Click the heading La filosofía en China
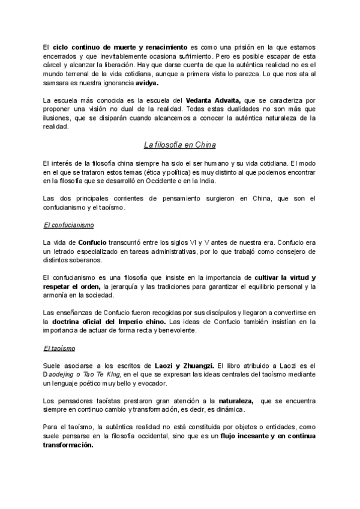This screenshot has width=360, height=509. coord(179,145)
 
